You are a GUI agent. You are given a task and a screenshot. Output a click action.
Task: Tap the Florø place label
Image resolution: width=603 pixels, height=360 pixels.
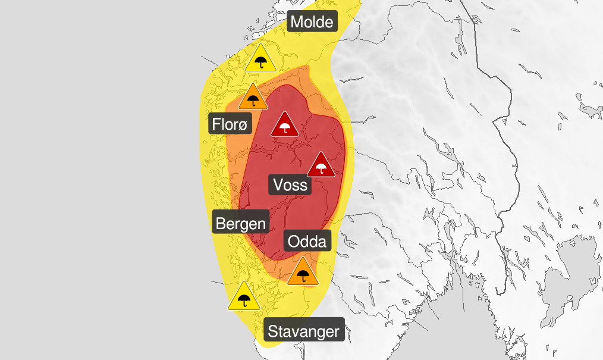[x=231, y=125]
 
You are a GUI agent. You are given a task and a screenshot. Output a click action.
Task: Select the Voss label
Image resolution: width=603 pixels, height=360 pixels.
[x=291, y=184]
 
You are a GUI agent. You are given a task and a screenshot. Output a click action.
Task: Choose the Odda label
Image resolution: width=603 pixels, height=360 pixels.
[x=307, y=242]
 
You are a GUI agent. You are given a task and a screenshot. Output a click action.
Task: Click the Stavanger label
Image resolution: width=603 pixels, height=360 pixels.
[x=304, y=331]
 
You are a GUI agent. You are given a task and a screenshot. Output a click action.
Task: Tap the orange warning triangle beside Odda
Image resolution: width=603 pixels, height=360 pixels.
[x=303, y=274]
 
